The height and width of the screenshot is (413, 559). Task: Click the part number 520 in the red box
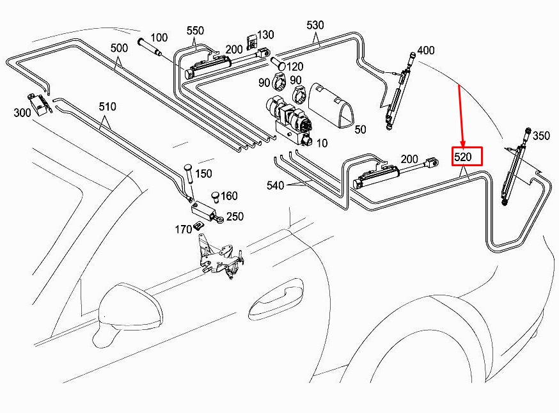click(463, 157)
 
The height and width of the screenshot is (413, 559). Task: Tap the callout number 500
click(119, 48)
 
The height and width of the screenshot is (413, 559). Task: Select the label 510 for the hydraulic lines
click(107, 107)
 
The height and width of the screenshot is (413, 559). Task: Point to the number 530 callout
click(315, 25)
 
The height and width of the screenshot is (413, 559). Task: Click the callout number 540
click(275, 185)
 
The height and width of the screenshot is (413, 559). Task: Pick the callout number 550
click(195, 31)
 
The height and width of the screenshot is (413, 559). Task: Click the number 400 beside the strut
click(426, 51)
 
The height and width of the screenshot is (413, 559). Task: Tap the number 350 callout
click(541, 136)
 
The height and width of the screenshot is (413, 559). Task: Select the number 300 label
click(22, 113)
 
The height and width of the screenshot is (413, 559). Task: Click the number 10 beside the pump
click(322, 143)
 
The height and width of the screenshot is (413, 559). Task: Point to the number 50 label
click(361, 129)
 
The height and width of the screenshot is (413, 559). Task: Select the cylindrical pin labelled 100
click(150, 47)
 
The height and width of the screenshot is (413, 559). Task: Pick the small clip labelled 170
click(198, 226)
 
